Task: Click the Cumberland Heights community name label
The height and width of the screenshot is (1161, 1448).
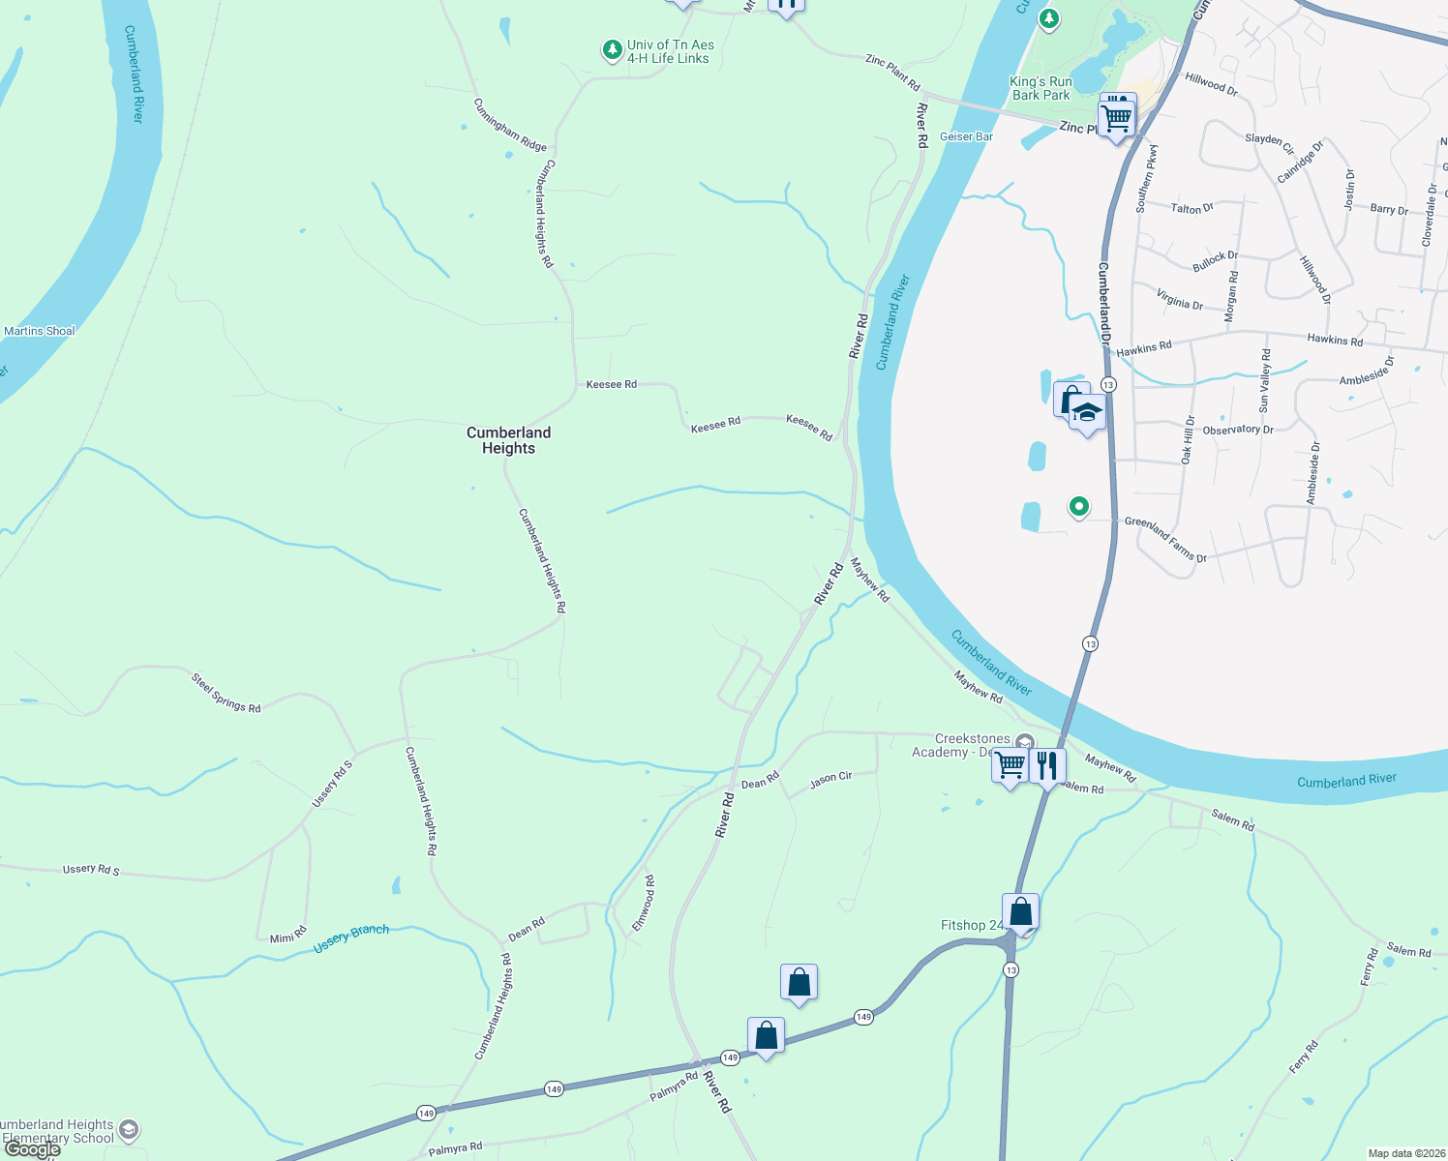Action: pyautogui.click(x=508, y=440)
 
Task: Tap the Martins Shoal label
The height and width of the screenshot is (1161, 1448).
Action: pyautogui.click(x=40, y=331)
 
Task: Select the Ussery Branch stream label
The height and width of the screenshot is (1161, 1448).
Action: pyautogui.click(x=351, y=938)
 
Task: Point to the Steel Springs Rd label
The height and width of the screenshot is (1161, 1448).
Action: pyautogui.click(x=226, y=695)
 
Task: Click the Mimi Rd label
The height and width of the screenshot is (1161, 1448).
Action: pyautogui.click(x=287, y=937)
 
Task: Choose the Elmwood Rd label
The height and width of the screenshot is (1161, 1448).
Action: pyautogui.click(x=644, y=904)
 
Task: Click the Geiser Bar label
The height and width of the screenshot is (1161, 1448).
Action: pyautogui.click(x=966, y=136)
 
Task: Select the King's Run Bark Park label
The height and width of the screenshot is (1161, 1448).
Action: pyautogui.click(x=1041, y=88)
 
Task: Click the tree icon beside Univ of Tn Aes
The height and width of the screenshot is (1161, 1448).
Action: pyautogui.click(x=612, y=49)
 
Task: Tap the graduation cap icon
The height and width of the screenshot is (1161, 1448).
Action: pyautogui.click(x=1087, y=414)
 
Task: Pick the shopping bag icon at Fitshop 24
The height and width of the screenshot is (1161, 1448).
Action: pyautogui.click(x=1020, y=911)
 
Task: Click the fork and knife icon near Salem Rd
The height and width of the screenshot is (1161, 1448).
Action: pyautogui.click(x=1046, y=766)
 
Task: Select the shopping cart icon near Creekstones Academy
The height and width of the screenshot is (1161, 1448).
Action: pyautogui.click(x=1010, y=765)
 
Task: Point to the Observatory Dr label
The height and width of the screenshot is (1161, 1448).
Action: pyautogui.click(x=1238, y=430)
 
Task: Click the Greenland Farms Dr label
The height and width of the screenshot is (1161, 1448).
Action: pyautogui.click(x=1165, y=540)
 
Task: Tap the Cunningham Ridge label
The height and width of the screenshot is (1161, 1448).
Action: pyautogui.click(x=510, y=125)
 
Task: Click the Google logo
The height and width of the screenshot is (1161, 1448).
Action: pyautogui.click(x=33, y=1149)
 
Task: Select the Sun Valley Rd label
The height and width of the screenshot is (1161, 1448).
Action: pyautogui.click(x=1264, y=381)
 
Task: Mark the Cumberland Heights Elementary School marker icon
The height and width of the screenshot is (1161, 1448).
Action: pyautogui.click(x=129, y=1129)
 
